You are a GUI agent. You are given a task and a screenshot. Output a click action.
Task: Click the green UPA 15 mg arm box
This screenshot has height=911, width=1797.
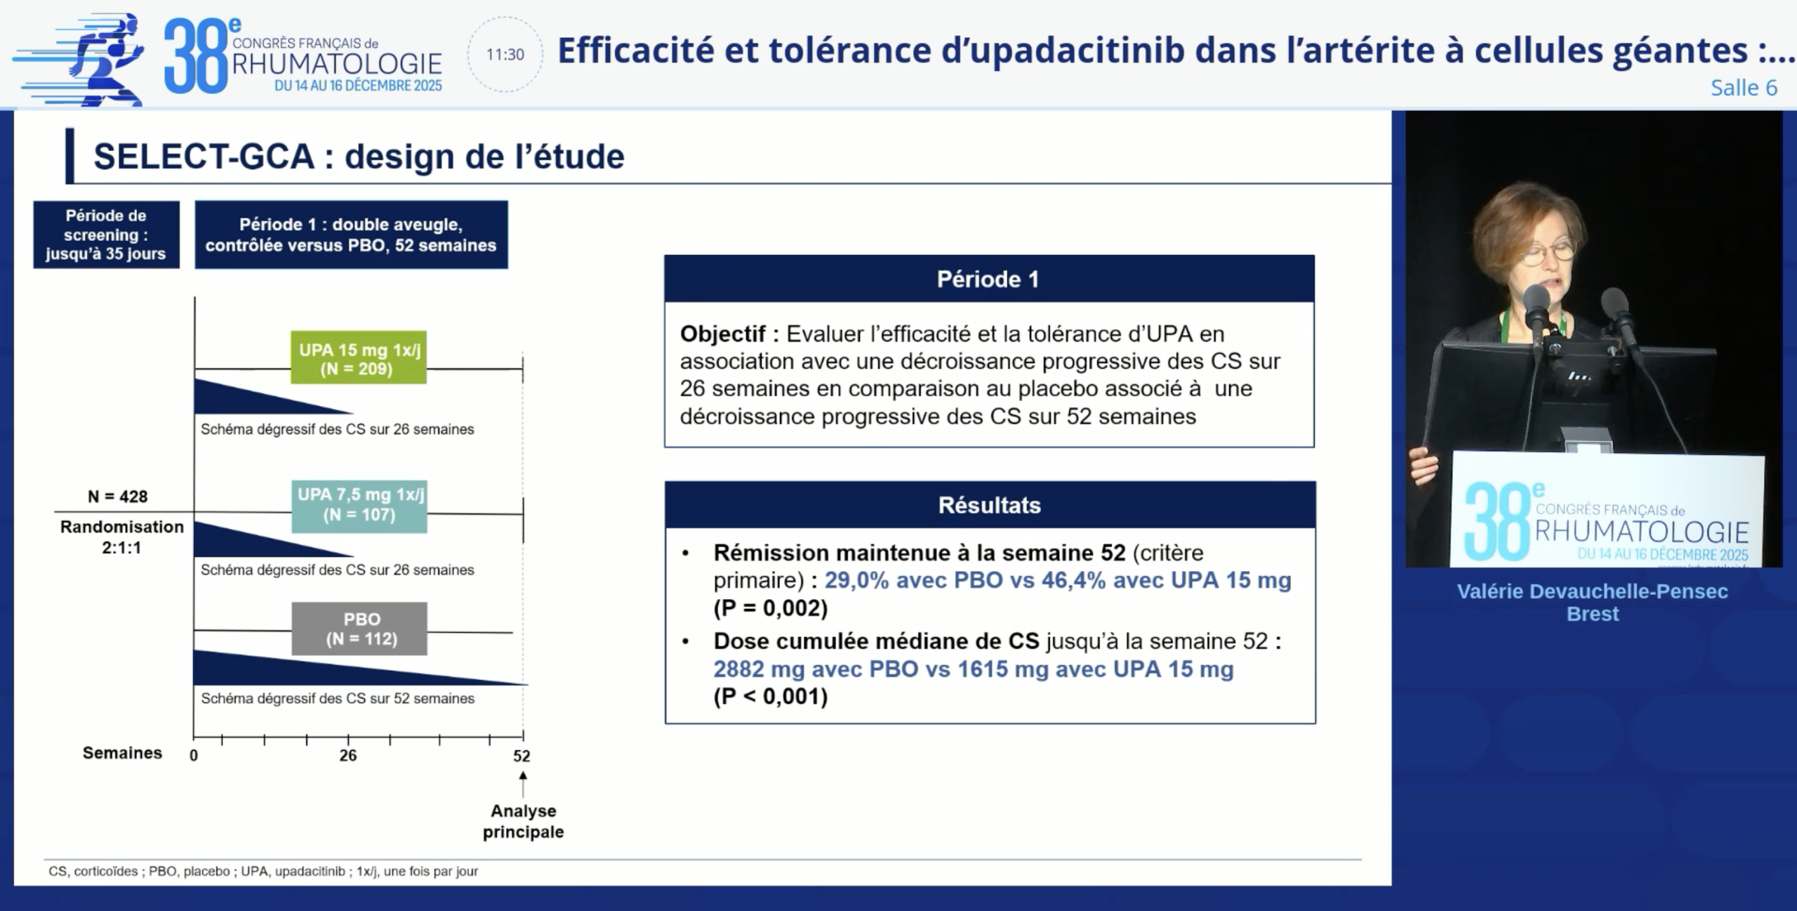click(359, 358)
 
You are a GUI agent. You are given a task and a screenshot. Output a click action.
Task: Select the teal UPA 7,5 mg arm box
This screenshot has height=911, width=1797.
click(359, 506)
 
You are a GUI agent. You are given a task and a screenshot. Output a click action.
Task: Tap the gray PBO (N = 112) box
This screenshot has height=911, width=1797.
click(359, 629)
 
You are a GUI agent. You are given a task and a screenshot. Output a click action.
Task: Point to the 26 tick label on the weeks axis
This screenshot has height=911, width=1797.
click(348, 756)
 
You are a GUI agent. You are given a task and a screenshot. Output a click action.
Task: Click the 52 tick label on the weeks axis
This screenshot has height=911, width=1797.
click(522, 756)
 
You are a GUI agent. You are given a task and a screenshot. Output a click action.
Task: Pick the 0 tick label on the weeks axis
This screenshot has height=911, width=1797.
click(194, 756)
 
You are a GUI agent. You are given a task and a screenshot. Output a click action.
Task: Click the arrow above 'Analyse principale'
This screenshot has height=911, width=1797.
click(523, 785)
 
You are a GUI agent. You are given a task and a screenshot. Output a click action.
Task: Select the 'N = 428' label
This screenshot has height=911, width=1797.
click(117, 497)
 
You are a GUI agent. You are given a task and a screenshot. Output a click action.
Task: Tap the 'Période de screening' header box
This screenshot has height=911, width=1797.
click(106, 235)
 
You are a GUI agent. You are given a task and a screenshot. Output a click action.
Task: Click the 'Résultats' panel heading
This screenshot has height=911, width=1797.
click(990, 505)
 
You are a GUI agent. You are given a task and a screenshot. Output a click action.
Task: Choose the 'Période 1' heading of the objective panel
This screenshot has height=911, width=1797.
click(988, 279)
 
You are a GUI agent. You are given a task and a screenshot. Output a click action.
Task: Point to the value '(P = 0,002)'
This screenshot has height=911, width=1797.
click(771, 608)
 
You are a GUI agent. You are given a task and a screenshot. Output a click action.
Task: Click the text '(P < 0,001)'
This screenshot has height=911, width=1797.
click(771, 697)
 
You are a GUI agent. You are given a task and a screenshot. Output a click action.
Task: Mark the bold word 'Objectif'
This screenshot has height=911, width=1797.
click(722, 334)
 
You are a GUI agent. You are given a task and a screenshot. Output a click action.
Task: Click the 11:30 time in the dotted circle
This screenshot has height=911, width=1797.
click(505, 55)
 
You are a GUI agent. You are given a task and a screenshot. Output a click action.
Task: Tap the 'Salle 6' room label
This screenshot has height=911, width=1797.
click(1744, 88)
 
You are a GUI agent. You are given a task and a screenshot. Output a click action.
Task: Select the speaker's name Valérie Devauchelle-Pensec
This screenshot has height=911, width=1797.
click(1593, 591)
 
